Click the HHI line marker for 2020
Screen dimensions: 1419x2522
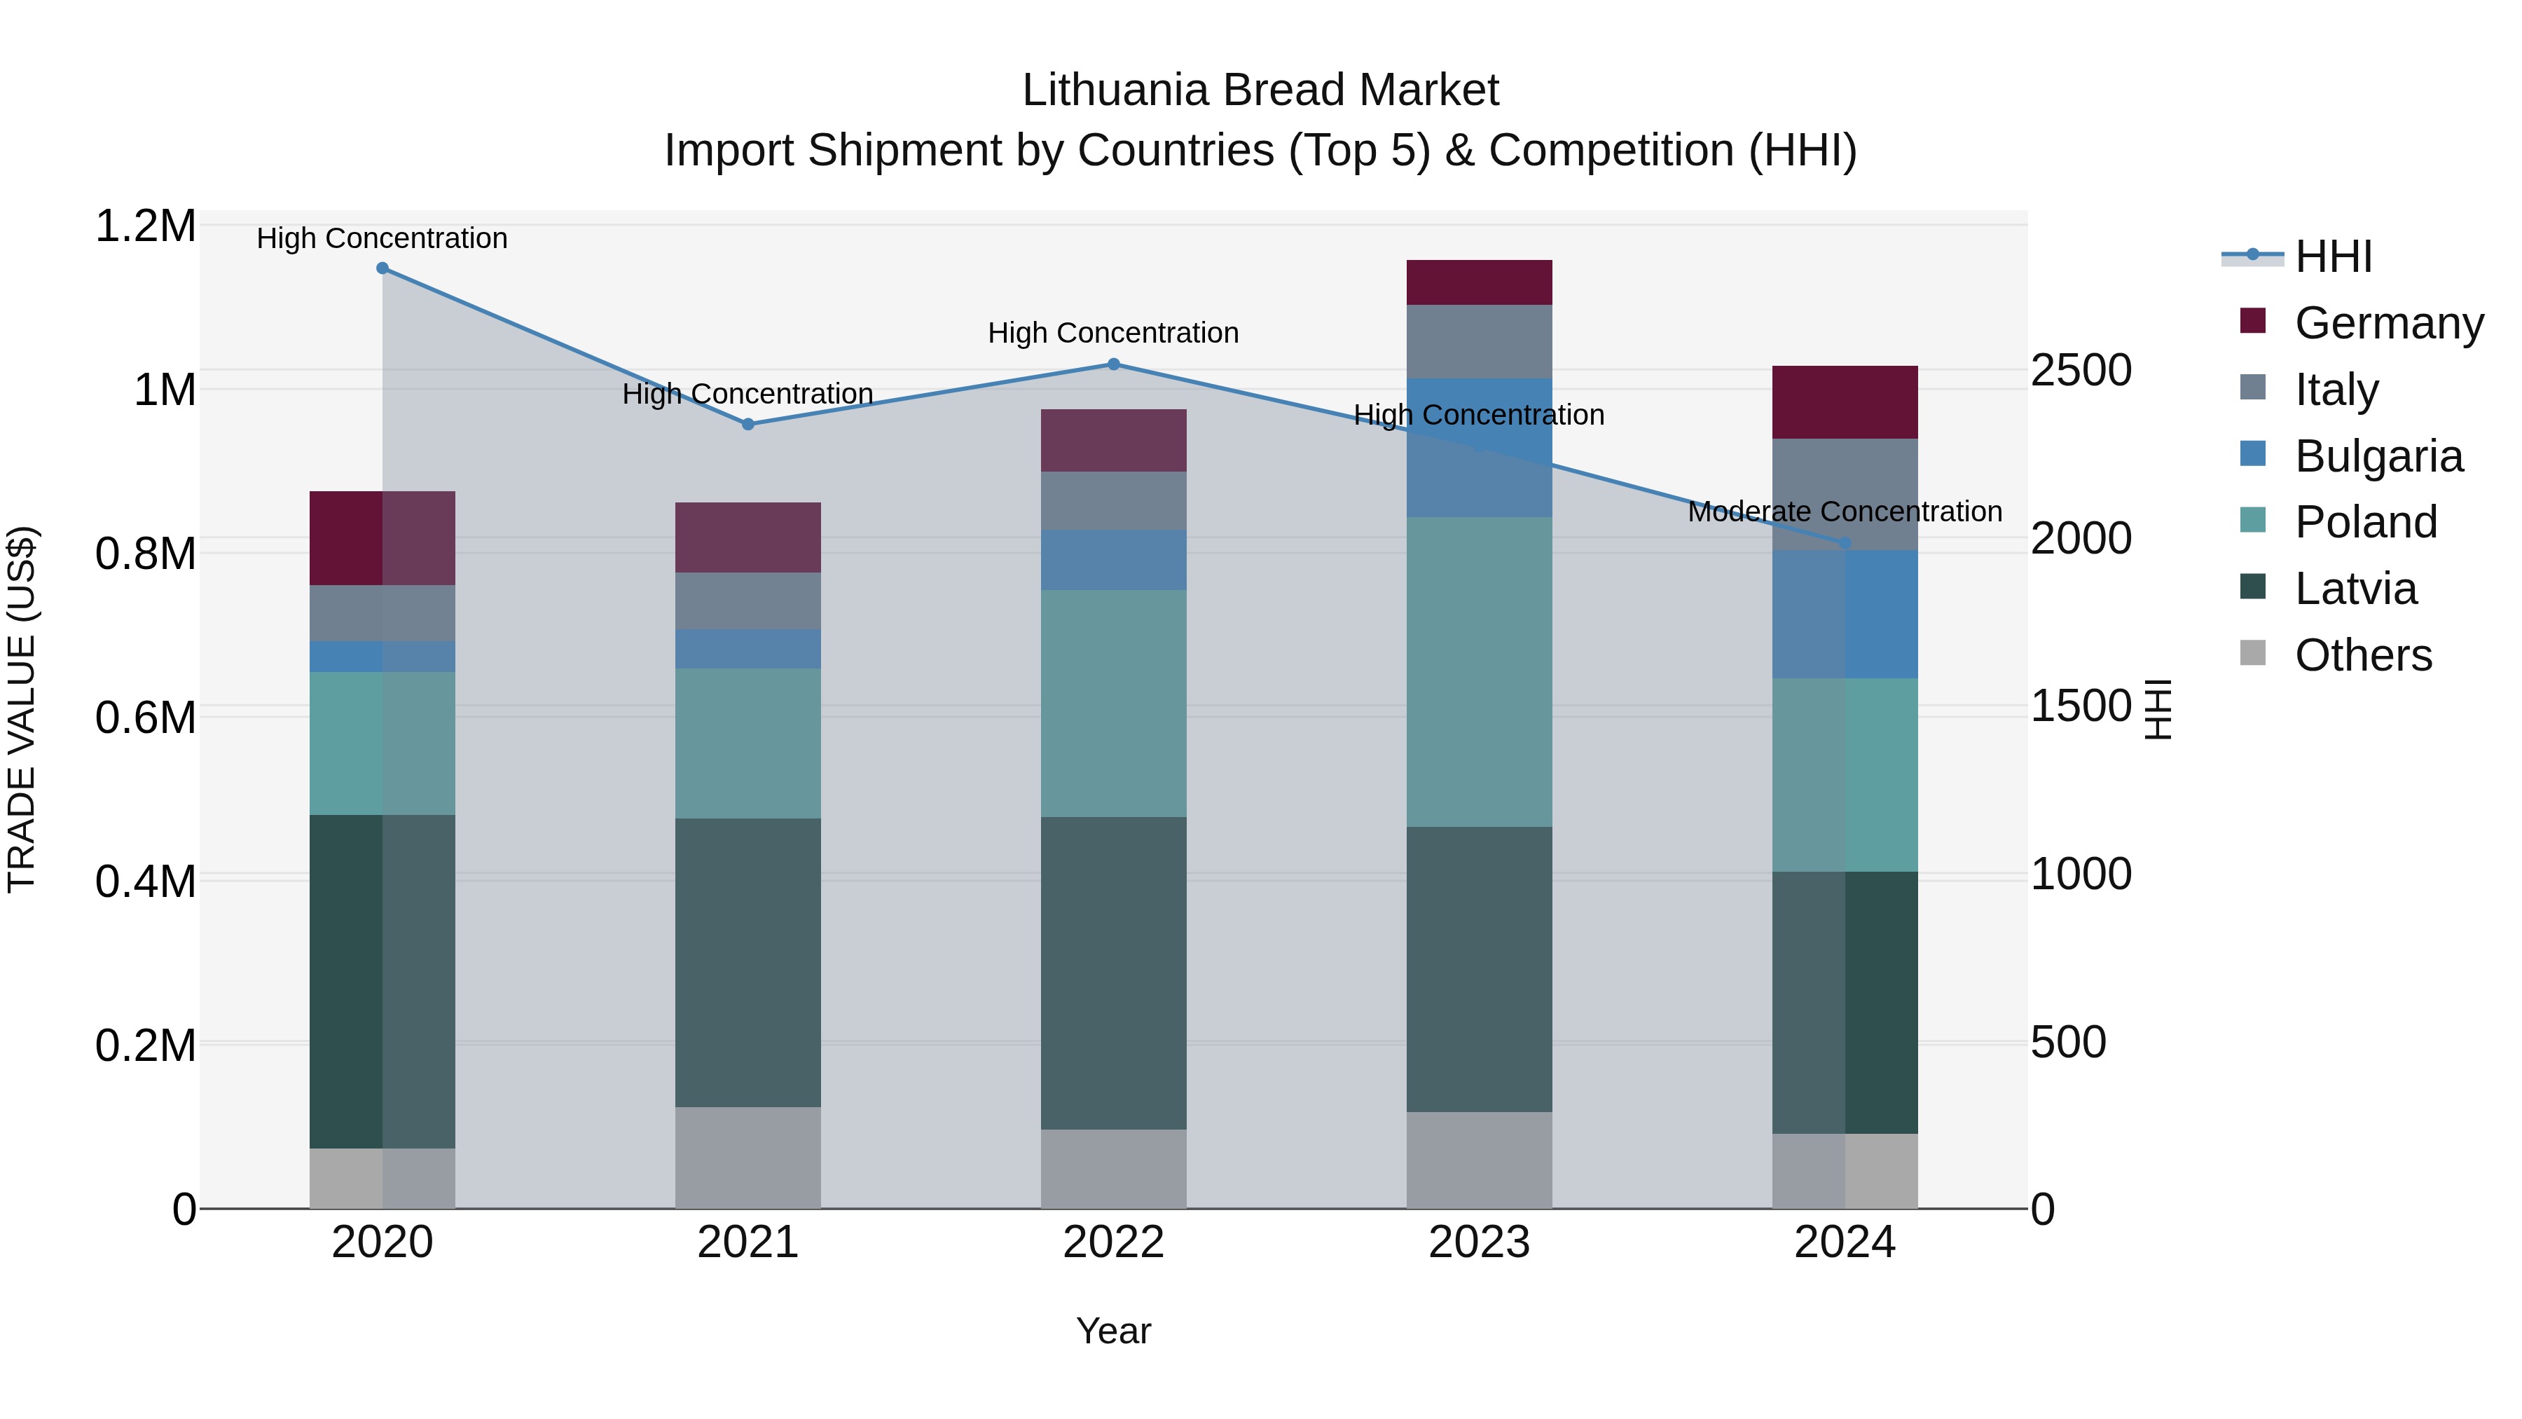coord(382,268)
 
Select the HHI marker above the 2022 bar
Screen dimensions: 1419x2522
coord(1113,364)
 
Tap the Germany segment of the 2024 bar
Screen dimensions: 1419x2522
coord(1845,402)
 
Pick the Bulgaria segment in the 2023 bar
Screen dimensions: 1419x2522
coord(1480,448)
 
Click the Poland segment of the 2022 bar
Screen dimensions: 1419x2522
coord(1113,703)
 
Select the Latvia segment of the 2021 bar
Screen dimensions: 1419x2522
coord(748,963)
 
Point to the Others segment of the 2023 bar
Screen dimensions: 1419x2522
coord(1480,1160)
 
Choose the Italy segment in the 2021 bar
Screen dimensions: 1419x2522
coord(748,601)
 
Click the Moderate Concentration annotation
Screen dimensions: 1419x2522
coord(1845,512)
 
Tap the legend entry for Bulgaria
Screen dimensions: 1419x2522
coord(2378,456)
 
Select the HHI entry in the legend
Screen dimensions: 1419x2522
coord(2333,256)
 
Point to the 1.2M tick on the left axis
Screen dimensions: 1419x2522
coord(145,226)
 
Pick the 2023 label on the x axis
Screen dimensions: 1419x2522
coord(1480,1242)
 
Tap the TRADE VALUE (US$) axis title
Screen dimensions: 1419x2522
coord(22,709)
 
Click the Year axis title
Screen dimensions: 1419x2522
coord(1113,1331)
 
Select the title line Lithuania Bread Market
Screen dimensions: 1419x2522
coord(1260,90)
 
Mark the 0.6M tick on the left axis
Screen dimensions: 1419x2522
coord(145,718)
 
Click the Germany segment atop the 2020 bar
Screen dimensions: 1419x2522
coord(382,537)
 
